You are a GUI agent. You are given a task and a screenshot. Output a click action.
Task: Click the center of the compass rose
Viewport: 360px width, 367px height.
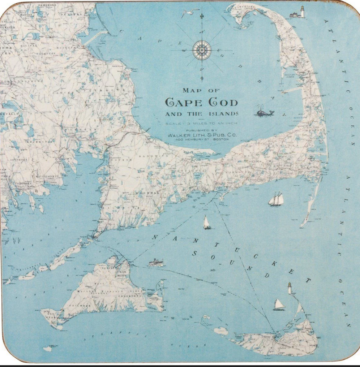click(x=202, y=50)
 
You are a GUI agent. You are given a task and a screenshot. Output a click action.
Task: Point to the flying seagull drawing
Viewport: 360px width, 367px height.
click(x=188, y=14)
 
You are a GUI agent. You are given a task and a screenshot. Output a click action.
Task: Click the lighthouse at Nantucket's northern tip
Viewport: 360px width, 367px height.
click(x=289, y=288)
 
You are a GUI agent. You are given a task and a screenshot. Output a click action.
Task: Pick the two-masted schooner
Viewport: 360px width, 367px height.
click(x=276, y=199)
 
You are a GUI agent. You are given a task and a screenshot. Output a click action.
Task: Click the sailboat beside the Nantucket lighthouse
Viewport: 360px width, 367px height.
click(x=279, y=305)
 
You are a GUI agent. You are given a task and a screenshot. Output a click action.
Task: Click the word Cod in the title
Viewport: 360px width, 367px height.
click(x=223, y=102)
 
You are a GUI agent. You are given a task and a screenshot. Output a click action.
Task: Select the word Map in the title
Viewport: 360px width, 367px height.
click(x=191, y=91)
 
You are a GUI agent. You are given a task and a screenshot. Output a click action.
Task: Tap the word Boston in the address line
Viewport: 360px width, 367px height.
click(x=221, y=139)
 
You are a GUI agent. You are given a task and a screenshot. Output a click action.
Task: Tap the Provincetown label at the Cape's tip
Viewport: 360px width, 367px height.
click(x=247, y=6)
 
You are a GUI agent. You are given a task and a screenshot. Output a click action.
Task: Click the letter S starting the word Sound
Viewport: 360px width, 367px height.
click(x=194, y=253)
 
